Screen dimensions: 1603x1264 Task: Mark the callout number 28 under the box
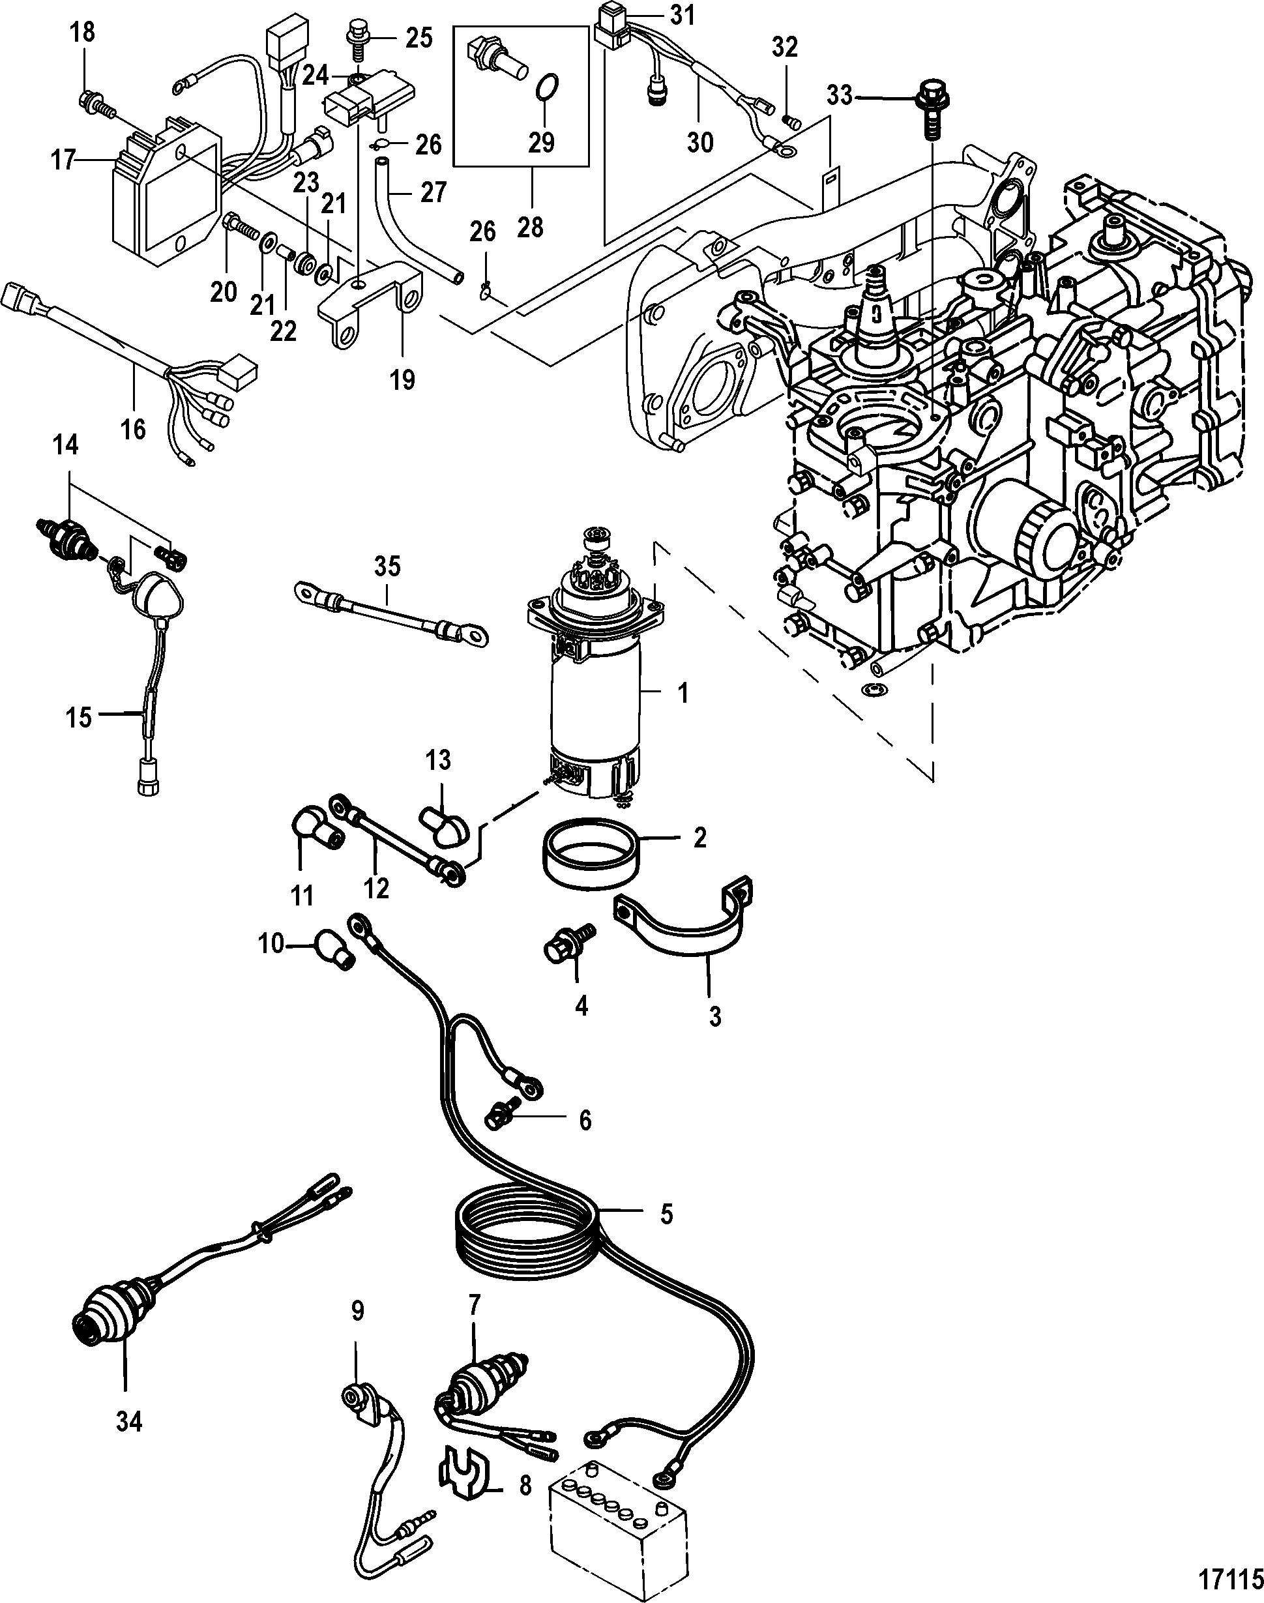click(530, 226)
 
